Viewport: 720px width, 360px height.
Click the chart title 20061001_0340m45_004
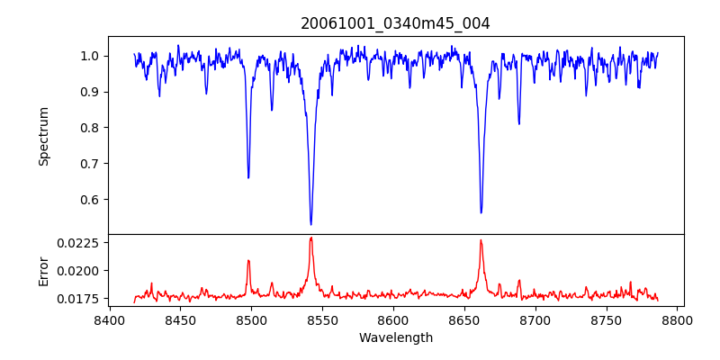[x=395, y=23]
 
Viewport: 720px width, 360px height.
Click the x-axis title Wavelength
[x=395, y=337]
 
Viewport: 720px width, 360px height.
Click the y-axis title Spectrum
[x=43, y=136]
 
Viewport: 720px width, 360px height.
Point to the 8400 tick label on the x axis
[x=109, y=319]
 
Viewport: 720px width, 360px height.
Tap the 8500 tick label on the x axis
[x=251, y=319]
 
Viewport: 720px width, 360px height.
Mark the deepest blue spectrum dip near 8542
[x=310, y=224]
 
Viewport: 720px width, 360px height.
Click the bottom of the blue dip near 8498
[x=248, y=177]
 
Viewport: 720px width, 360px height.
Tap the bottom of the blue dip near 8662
[x=481, y=212]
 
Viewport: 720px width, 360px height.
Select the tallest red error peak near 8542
[x=310, y=238]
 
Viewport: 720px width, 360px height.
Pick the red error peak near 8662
[x=481, y=240]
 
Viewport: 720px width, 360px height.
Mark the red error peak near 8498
[x=248, y=261]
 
